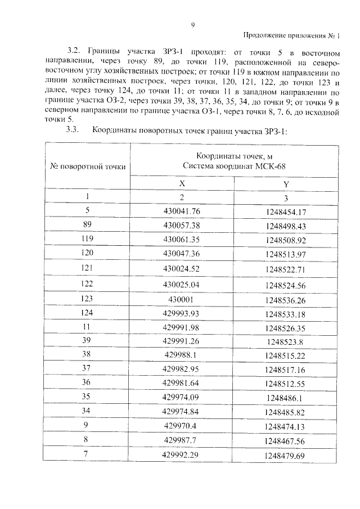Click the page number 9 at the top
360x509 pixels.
[x=192, y=25]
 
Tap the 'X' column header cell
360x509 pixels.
[x=182, y=183]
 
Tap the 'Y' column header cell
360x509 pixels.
[x=286, y=183]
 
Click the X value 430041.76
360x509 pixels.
[x=182, y=211]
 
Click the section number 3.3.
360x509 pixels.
[x=71, y=131]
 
